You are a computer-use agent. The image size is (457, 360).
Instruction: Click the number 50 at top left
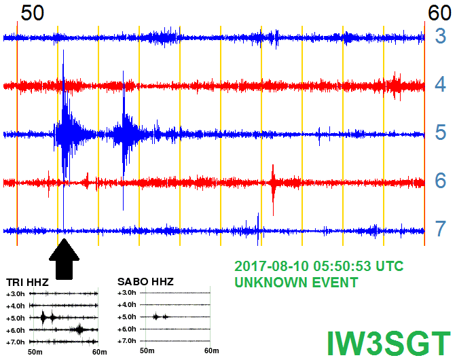(x=33, y=13)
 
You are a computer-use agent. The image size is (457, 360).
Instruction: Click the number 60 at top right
(x=439, y=13)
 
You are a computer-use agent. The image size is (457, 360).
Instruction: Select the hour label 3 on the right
(x=441, y=36)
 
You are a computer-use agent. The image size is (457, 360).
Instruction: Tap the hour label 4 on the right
(x=441, y=84)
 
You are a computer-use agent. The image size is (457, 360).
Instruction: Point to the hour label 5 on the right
(x=441, y=132)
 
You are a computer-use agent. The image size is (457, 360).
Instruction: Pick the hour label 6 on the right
(x=441, y=181)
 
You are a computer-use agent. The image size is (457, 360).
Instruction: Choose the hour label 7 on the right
(x=441, y=229)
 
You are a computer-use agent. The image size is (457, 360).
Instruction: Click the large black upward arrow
(x=64, y=259)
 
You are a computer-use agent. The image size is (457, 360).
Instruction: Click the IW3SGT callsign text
(x=389, y=344)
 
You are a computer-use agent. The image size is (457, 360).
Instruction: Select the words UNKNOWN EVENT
(x=296, y=282)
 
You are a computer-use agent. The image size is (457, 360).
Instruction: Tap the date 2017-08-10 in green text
(x=272, y=266)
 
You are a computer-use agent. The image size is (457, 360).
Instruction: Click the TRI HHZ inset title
(x=27, y=283)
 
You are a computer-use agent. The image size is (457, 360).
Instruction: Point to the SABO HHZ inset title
(x=145, y=282)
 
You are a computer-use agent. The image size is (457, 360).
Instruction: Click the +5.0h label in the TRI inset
(x=16, y=318)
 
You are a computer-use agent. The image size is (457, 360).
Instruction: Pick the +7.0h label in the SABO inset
(x=127, y=341)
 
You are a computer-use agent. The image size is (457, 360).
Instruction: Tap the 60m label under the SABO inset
(x=212, y=350)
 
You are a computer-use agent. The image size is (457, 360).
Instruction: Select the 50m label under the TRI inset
(x=35, y=352)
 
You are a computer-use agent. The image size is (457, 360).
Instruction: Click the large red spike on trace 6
(x=273, y=190)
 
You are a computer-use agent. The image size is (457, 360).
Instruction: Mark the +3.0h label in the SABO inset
(x=127, y=293)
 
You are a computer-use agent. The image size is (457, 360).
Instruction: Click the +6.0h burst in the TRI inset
(x=79, y=329)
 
